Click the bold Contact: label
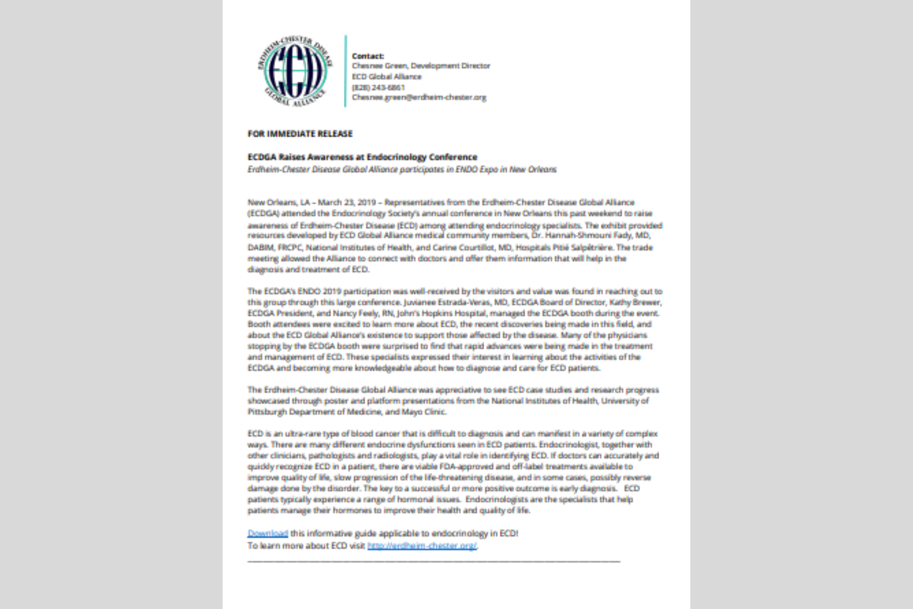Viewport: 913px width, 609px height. click(368, 56)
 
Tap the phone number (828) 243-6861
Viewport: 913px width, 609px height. click(378, 87)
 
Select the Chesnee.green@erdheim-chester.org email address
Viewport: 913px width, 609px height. click(419, 97)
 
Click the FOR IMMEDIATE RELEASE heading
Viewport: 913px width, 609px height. click(300, 134)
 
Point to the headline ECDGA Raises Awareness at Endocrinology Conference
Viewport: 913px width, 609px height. click(362, 157)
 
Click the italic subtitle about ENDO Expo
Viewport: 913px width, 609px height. click(402, 170)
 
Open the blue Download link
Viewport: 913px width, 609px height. click(267, 533)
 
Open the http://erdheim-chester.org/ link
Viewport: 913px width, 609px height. click(422, 546)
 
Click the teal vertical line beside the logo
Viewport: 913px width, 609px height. click(345, 71)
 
